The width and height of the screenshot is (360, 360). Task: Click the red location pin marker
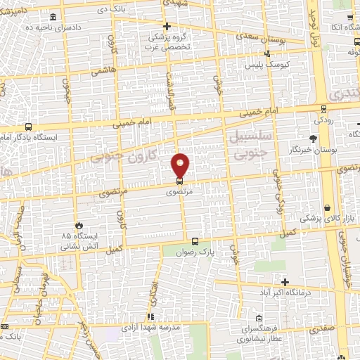coord(181,165)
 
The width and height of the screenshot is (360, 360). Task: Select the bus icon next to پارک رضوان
coord(195,241)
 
